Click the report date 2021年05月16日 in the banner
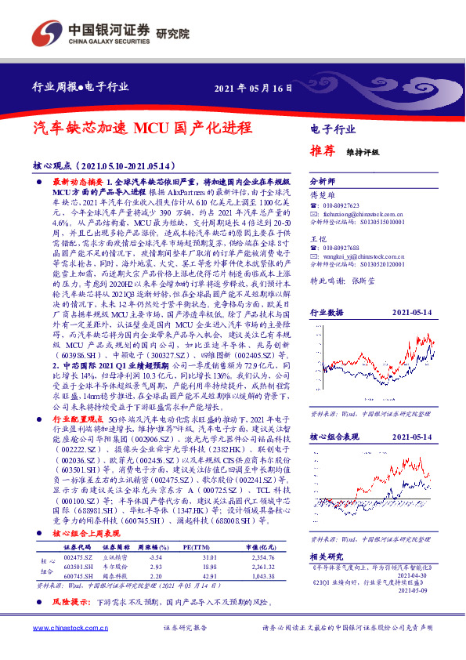point(253,88)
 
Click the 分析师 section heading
point(323,180)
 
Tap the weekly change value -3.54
point(145,557)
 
